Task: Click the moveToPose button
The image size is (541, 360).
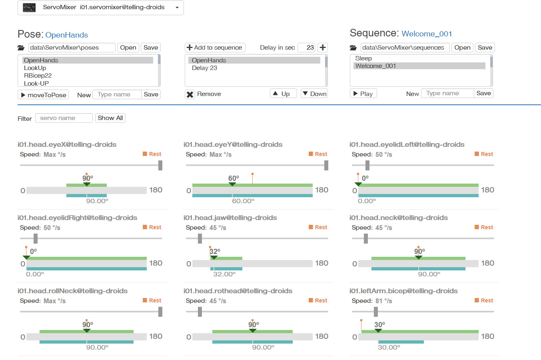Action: point(43,95)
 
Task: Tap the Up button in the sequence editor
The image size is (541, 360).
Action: point(283,94)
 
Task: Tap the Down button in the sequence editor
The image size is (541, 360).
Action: point(314,94)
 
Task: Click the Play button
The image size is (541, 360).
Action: point(363,94)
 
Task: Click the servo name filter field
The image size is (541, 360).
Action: point(64,118)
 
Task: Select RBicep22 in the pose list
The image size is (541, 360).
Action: point(38,76)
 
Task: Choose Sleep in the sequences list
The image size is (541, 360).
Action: point(363,58)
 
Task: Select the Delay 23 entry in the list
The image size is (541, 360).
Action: point(204,68)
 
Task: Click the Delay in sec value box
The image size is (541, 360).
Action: point(307,48)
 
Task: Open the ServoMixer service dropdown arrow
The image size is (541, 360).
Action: point(177,8)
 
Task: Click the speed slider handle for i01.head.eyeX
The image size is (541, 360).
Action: point(160,165)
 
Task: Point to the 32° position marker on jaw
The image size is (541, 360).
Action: point(214,257)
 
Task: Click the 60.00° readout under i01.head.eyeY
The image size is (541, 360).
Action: point(243,201)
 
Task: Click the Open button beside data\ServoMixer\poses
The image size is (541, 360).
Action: point(128,48)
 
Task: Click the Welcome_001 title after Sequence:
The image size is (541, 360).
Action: point(427,34)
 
